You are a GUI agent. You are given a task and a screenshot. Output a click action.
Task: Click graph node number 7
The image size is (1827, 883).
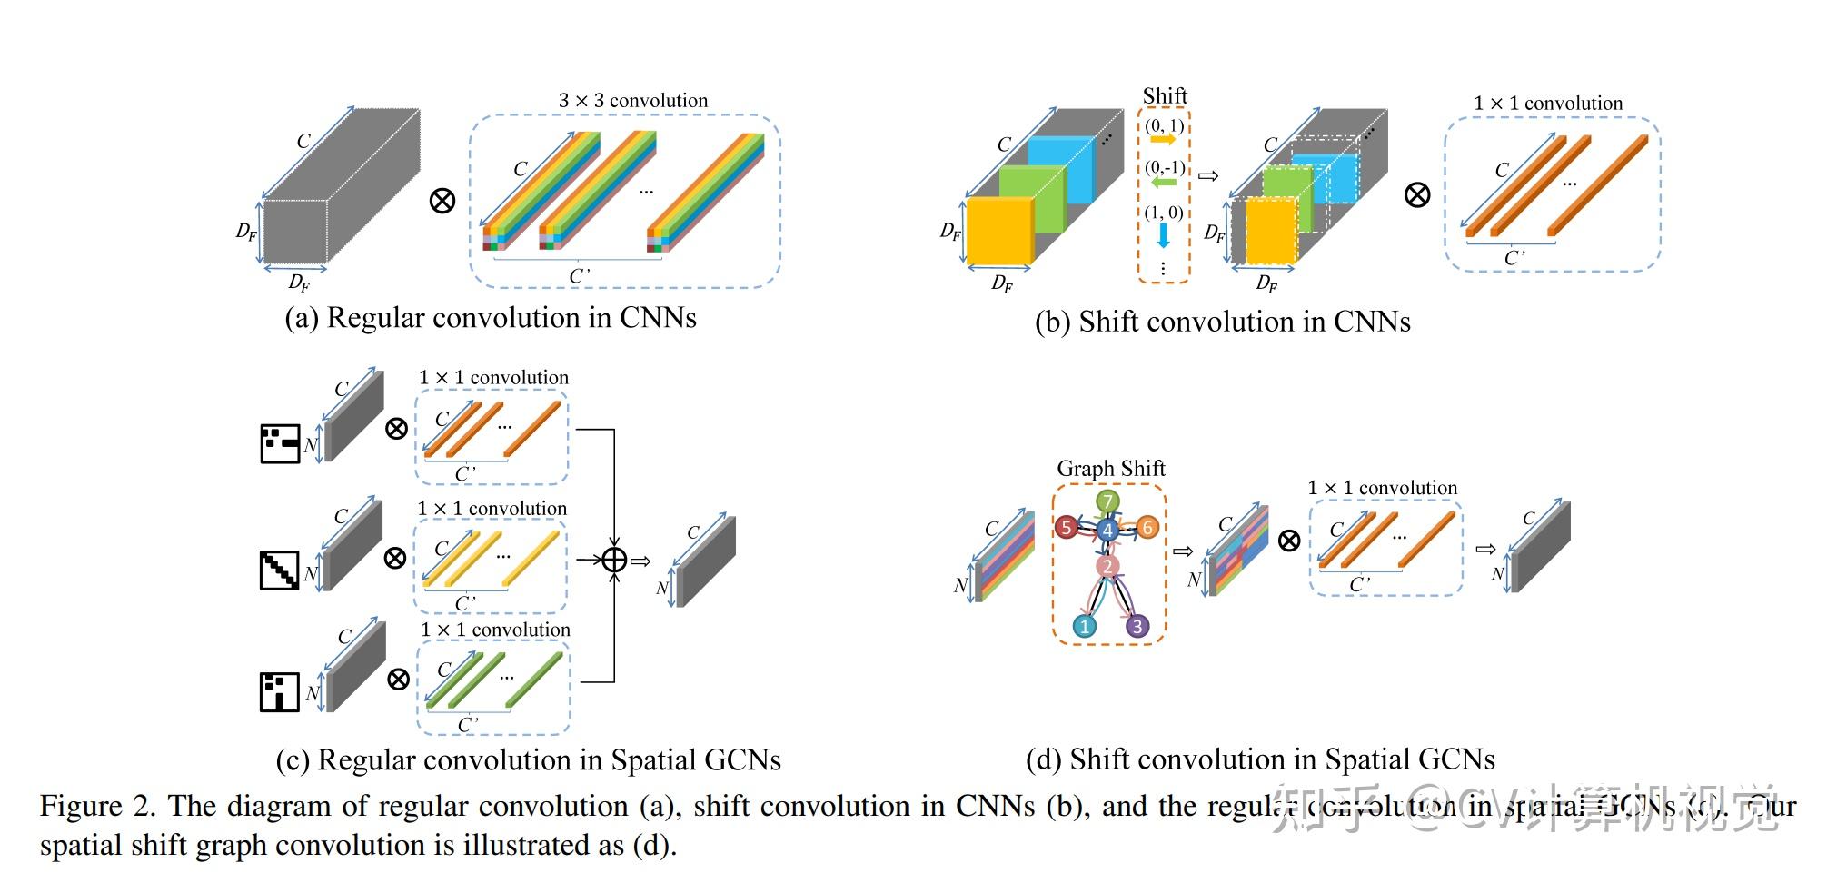coord(1107,501)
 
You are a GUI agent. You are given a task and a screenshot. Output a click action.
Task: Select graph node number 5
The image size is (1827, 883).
coord(1067,527)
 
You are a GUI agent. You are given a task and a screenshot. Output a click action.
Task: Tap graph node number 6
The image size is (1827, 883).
coord(1147,527)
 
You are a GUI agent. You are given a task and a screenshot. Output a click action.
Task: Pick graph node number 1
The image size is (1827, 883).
coord(1084,626)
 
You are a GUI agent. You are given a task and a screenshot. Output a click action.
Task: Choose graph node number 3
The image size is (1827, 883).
coord(1137,626)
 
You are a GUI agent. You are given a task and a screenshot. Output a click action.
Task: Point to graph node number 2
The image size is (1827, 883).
coord(1107,567)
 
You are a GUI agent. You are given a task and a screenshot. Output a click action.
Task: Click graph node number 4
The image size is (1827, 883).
coord(1107,530)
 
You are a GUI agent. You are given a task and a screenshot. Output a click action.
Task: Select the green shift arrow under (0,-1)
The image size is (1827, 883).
coord(1163,183)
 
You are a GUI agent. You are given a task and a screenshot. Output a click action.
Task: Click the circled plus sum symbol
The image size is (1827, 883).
coord(615,560)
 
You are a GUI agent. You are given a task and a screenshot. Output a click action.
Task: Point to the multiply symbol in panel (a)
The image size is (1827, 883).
coord(442,200)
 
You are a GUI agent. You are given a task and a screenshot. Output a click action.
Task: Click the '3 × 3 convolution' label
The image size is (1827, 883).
coord(633,100)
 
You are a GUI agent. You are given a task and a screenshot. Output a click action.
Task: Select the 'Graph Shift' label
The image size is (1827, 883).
coord(1110,469)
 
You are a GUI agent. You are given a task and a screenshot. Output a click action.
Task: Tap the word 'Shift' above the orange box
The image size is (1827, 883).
coord(1165,95)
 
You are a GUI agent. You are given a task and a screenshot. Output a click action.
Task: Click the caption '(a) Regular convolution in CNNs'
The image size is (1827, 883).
coord(491,318)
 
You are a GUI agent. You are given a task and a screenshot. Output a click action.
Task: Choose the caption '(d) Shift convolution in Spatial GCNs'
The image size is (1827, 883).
coord(1260,759)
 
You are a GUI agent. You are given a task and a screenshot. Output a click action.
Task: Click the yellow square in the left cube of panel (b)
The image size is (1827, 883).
coord(998,232)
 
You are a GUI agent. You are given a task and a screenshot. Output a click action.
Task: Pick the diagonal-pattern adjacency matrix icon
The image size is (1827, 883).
coord(280,570)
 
